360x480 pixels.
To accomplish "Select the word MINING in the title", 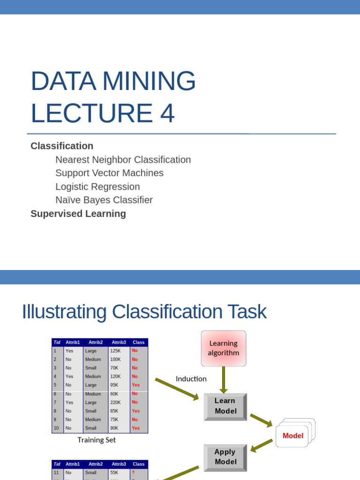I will [x=149, y=81].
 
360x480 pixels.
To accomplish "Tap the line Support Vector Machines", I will [x=109, y=173].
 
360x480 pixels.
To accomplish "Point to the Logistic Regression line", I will [x=97, y=187].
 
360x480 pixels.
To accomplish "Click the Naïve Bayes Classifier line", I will [x=104, y=200].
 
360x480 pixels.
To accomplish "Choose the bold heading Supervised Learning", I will [x=78, y=214].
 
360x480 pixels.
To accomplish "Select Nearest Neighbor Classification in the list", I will [x=123, y=160].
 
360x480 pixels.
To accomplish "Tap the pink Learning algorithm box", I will [x=224, y=348].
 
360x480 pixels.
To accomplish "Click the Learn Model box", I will [x=225, y=406].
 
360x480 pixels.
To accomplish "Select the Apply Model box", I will [x=225, y=457].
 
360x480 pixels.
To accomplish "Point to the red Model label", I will [x=293, y=435].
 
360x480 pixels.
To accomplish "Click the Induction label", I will [x=191, y=379].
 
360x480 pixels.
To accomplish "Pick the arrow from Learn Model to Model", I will [x=261, y=420].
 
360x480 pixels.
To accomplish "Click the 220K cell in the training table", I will [x=116, y=402].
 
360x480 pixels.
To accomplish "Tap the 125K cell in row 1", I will [x=116, y=351].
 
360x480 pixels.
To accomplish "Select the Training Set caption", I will [x=97, y=440].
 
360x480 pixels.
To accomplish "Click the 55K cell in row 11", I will [x=115, y=472].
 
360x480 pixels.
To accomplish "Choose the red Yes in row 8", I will [x=135, y=411].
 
